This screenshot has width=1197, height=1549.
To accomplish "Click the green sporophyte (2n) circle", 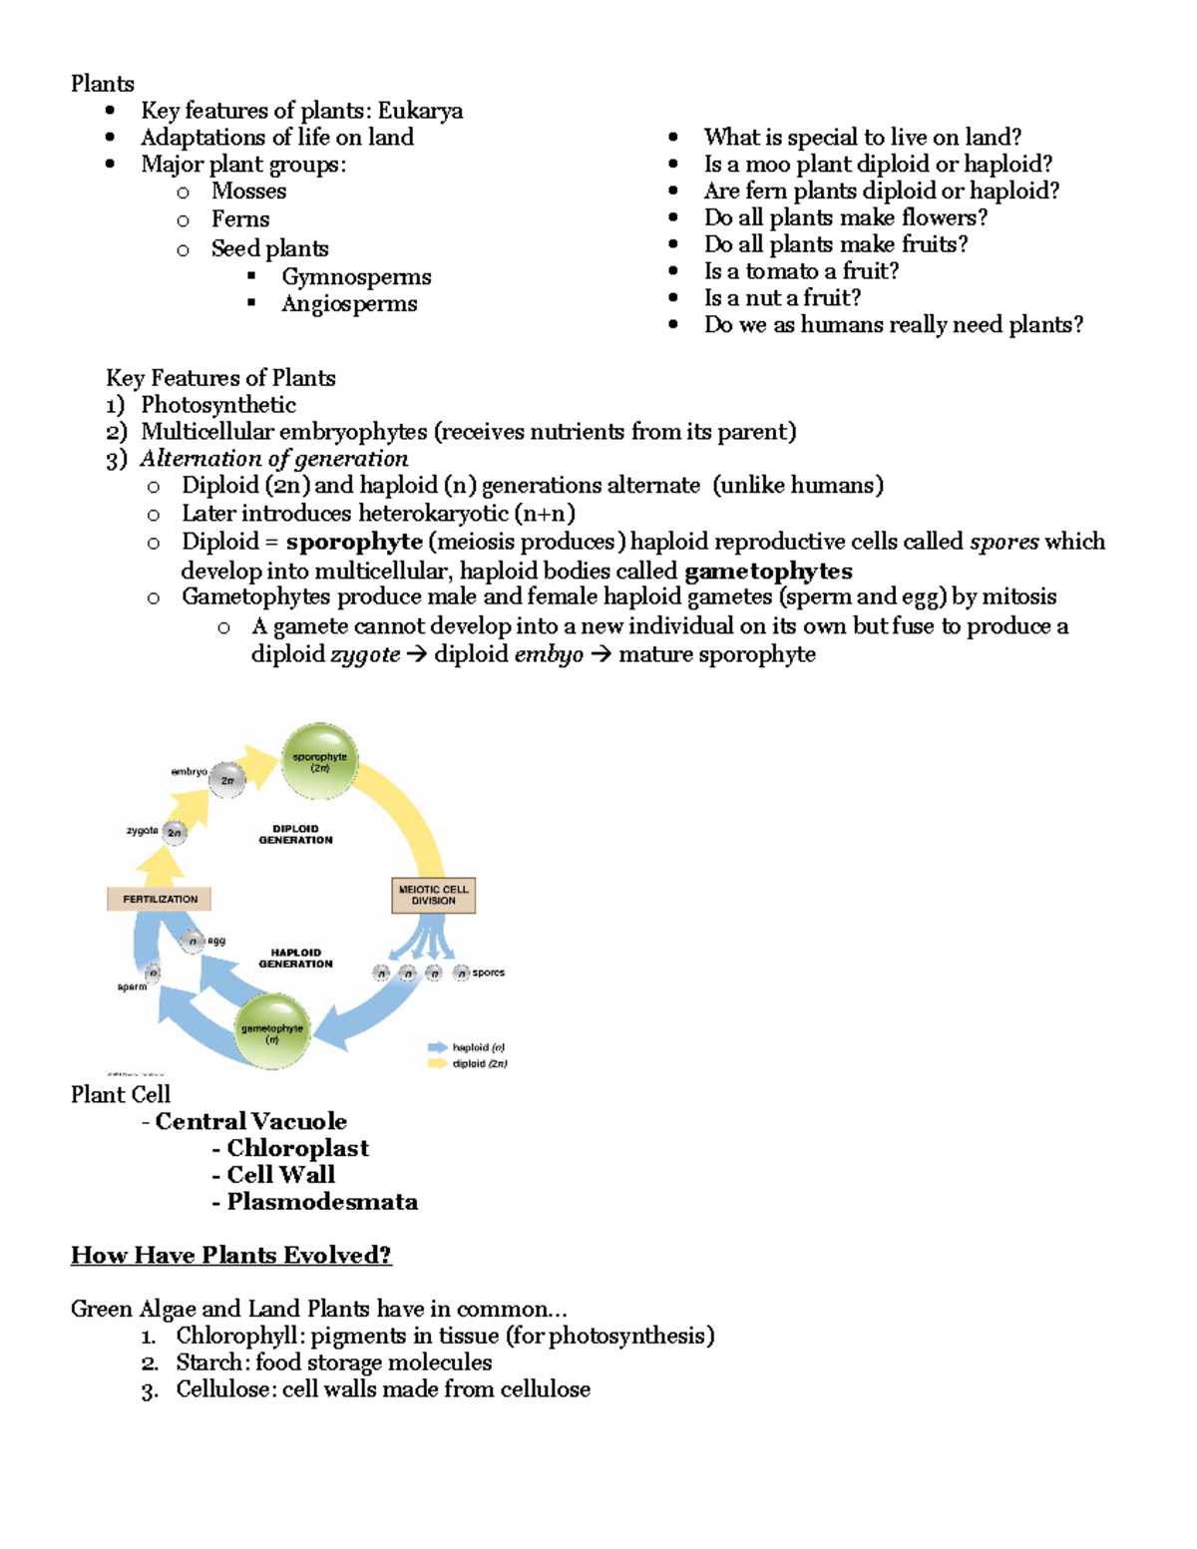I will pyautogui.click(x=319, y=762).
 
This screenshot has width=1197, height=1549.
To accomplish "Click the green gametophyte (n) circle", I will pyautogui.click(x=271, y=1032).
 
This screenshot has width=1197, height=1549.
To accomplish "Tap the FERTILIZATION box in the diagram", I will pyautogui.click(x=160, y=899).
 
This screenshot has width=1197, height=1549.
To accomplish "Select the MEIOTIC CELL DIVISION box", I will pyautogui.click(x=433, y=895).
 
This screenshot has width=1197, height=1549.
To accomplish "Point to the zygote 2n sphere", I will pyautogui.click(x=175, y=832).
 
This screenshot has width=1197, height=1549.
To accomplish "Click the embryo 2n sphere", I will pyautogui.click(x=227, y=780).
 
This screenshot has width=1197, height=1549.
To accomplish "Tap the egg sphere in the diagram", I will pyautogui.click(x=194, y=941).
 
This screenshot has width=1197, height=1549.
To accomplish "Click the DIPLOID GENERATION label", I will pyautogui.click(x=295, y=834).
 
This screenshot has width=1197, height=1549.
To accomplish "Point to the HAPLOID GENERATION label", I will pyautogui.click(x=295, y=959).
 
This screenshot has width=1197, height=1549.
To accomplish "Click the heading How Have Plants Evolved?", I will pyautogui.click(x=231, y=1255).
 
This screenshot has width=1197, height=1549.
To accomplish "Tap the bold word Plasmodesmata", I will pyautogui.click(x=322, y=1202).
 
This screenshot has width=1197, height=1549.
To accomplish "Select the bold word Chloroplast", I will pyautogui.click(x=297, y=1148).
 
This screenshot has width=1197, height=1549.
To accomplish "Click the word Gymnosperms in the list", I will pyautogui.click(x=356, y=276).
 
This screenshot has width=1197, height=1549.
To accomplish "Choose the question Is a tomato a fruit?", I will pyautogui.click(x=801, y=271).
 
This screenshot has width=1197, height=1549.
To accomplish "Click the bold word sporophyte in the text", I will pyautogui.click(x=354, y=542).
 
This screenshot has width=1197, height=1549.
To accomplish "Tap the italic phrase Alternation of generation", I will pyautogui.click(x=274, y=459).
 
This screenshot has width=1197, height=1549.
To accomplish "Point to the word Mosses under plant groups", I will pyautogui.click(x=248, y=192).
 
